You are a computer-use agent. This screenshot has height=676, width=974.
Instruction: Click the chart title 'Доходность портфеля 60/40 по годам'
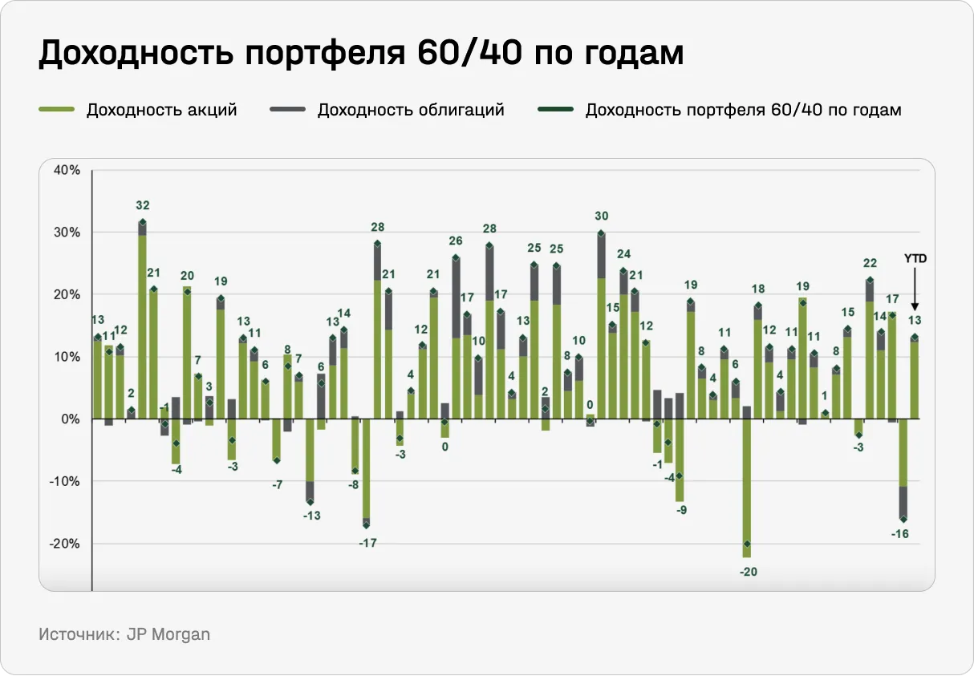[361, 54]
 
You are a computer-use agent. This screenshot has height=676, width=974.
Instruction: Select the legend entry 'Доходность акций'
[161, 110]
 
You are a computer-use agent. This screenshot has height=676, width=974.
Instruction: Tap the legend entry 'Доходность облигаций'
[410, 110]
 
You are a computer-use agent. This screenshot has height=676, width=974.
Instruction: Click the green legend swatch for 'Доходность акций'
[56, 110]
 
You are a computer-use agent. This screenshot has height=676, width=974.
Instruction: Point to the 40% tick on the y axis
[67, 170]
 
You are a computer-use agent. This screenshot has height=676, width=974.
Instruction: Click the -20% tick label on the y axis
[66, 543]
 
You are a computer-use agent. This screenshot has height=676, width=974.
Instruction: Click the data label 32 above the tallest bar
[143, 205]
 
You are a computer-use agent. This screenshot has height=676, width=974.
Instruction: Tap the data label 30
[602, 216]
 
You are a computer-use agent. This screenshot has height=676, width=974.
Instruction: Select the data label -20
[748, 572]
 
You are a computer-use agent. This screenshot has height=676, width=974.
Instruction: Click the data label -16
[900, 534]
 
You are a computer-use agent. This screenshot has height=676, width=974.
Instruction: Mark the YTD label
[915, 259]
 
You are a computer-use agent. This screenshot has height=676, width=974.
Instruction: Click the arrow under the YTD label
[915, 289]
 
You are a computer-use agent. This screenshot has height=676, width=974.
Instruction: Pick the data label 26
[456, 241]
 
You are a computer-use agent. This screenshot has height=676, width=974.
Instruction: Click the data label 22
[870, 262]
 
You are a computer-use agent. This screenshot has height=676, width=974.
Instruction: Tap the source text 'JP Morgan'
[168, 634]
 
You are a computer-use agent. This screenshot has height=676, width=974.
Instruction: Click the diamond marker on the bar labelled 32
[143, 222]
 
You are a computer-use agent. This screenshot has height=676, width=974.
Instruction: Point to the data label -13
[311, 516]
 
